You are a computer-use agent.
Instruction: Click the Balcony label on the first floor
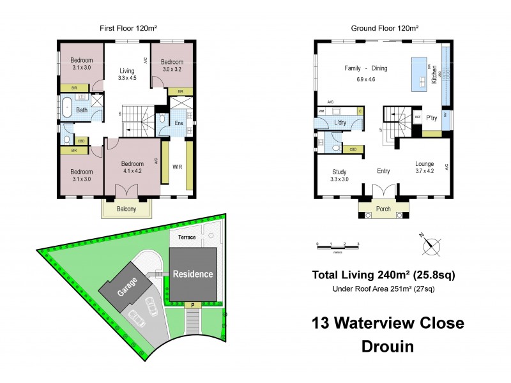(126, 209)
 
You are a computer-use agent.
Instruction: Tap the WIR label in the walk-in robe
(177, 168)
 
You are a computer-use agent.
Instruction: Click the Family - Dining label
(366, 68)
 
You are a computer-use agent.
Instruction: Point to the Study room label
(339, 171)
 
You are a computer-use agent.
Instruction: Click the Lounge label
(425, 163)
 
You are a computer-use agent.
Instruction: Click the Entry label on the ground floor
(383, 171)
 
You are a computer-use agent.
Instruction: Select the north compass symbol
(432, 243)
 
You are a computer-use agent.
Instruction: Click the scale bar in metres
(338, 245)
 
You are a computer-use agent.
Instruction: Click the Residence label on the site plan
(193, 274)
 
